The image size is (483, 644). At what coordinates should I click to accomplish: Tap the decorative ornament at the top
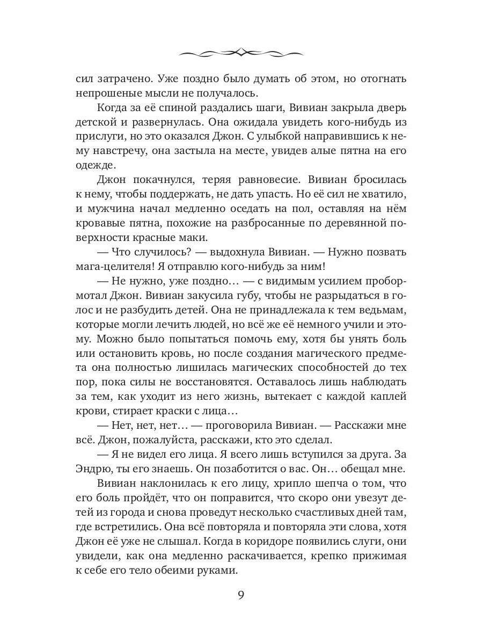click(241, 52)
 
